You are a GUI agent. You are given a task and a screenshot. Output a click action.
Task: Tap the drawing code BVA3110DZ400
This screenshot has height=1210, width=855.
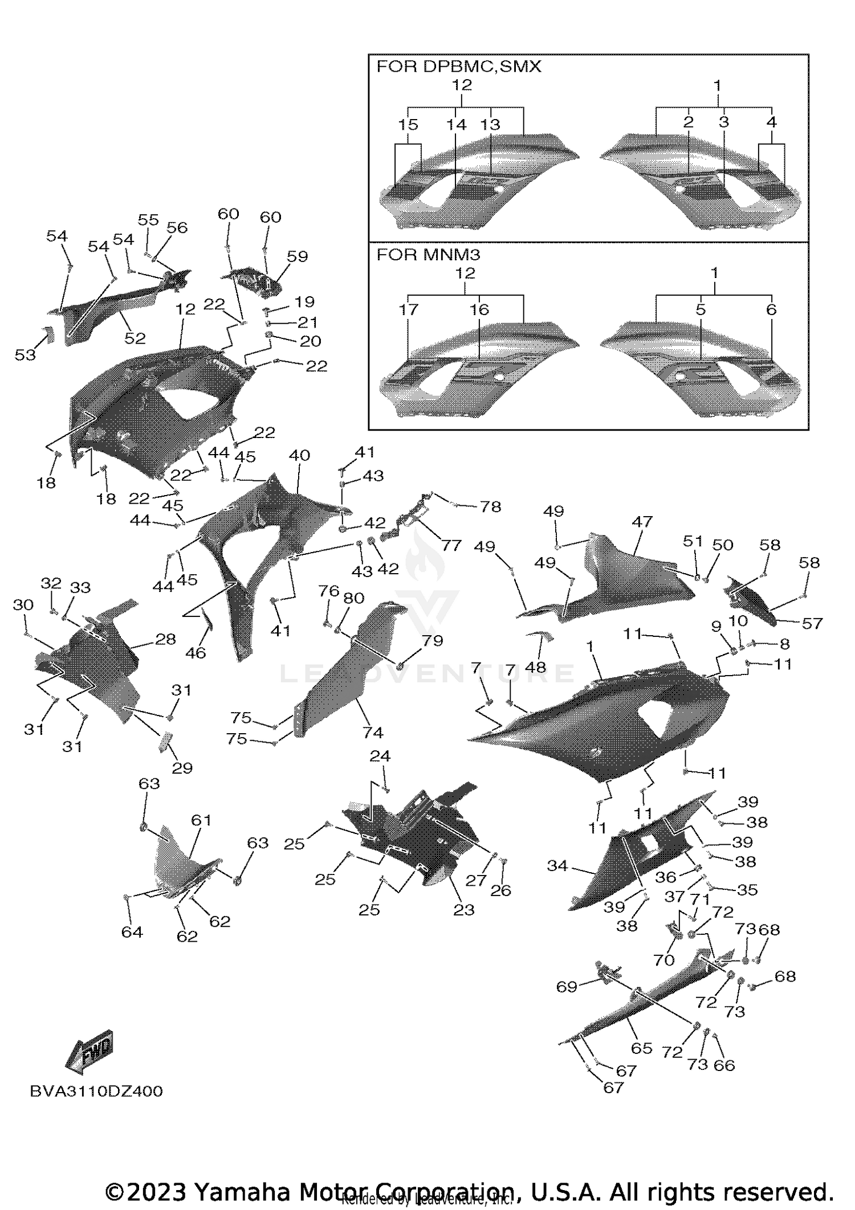click(x=96, y=1091)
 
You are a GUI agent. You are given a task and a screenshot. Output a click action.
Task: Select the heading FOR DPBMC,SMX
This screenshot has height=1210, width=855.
click(x=458, y=67)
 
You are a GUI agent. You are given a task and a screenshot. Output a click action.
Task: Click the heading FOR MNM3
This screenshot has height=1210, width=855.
click(x=428, y=254)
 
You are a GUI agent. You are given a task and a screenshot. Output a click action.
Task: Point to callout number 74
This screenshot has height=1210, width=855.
click(x=373, y=732)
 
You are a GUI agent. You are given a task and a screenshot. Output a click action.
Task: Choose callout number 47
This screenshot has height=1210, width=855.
click(x=642, y=521)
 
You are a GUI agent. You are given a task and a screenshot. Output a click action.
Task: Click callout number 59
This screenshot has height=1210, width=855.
click(x=297, y=256)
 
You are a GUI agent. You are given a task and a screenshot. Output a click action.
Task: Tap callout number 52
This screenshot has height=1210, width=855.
click(x=135, y=338)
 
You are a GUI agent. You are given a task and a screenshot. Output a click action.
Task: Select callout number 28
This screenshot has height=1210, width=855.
click(x=165, y=639)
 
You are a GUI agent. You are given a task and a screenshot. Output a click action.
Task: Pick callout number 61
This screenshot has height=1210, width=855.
click(x=201, y=820)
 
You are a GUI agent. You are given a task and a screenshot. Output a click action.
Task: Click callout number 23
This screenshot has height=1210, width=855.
click(x=463, y=910)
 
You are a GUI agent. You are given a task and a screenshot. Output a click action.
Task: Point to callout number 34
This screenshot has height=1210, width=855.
click(x=557, y=865)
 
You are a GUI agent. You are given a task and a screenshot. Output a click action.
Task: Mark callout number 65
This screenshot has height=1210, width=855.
click(x=641, y=1048)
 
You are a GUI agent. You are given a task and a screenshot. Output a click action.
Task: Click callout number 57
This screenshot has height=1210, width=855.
click(x=812, y=623)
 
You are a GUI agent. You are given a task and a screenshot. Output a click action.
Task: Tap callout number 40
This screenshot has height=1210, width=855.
click(x=299, y=455)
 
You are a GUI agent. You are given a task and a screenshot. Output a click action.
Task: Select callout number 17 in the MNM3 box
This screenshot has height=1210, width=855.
click(x=409, y=309)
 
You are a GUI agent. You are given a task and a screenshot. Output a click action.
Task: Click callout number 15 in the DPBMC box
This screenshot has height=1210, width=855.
click(x=408, y=124)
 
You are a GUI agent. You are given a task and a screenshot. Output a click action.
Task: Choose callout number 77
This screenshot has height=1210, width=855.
click(x=451, y=545)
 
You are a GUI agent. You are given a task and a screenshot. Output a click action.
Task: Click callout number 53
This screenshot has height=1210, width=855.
click(x=25, y=355)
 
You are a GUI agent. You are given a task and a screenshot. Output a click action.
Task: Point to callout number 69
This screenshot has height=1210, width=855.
click(x=567, y=987)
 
